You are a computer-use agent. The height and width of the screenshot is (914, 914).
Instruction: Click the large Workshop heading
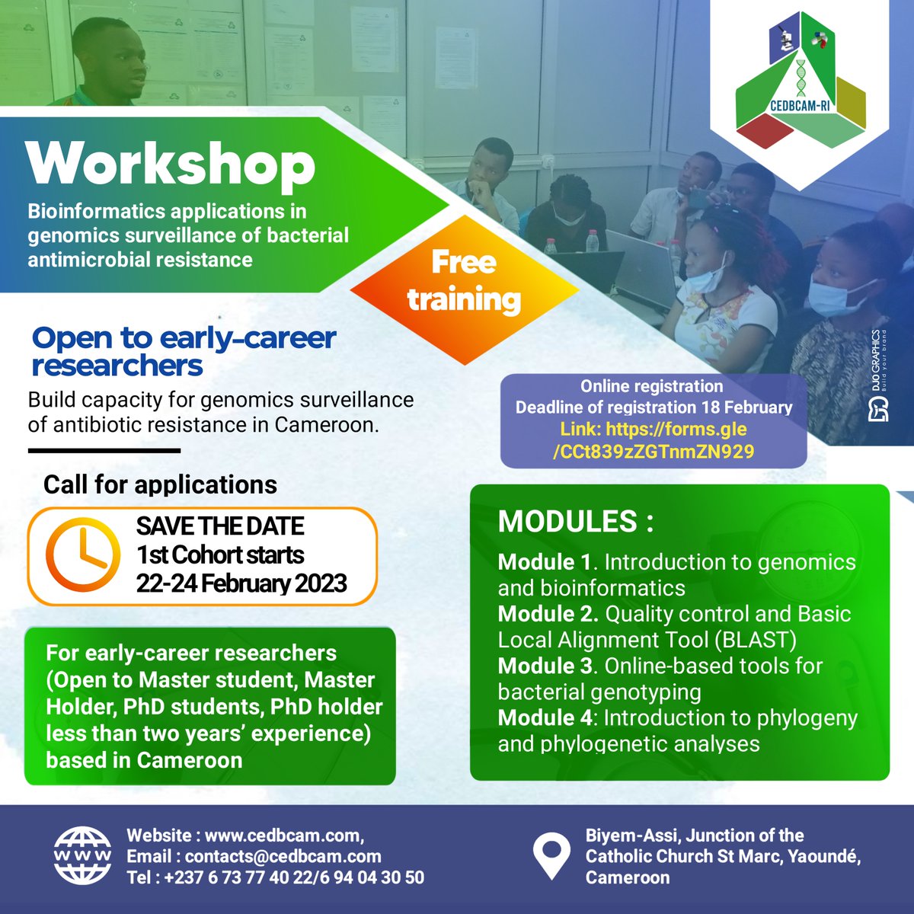click(170, 164)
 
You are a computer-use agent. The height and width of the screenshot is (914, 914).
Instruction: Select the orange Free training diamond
click(464, 281)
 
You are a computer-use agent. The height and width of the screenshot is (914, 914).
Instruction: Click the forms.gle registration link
click(654, 440)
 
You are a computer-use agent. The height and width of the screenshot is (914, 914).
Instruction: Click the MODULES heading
click(575, 523)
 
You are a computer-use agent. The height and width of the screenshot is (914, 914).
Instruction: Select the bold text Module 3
click(545, 666)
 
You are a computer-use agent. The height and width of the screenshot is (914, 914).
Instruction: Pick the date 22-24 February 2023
click(241, 583)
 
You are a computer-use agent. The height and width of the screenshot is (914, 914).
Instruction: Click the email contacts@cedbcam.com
click(283, 856)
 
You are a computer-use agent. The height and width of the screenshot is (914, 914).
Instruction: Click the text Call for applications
click(160, 484)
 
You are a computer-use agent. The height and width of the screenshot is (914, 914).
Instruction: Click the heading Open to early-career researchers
click(183, 351)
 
